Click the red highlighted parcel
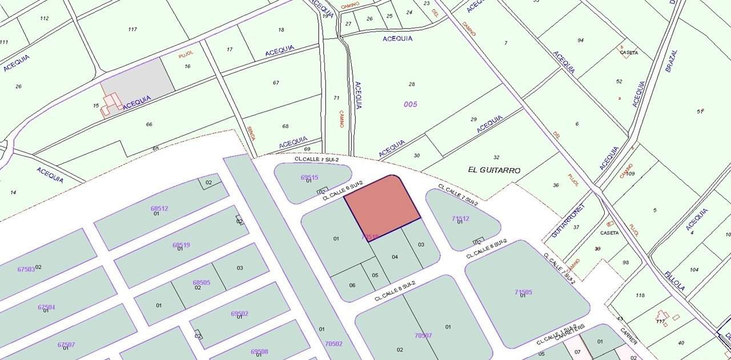click(381, 207)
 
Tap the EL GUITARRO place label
click(494, 170)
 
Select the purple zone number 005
click(410, 104)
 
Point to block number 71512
click(460, 218)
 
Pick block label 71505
click(523, 292)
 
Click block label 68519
click(181, 245)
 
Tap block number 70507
click(423, 335)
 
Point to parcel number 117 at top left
click(132, 29)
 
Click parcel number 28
click(412, 84)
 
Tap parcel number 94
click(580, 40)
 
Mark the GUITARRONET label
click(569, 221)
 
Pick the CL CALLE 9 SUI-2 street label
click(343, 191)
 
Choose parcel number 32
click(496, 157)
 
